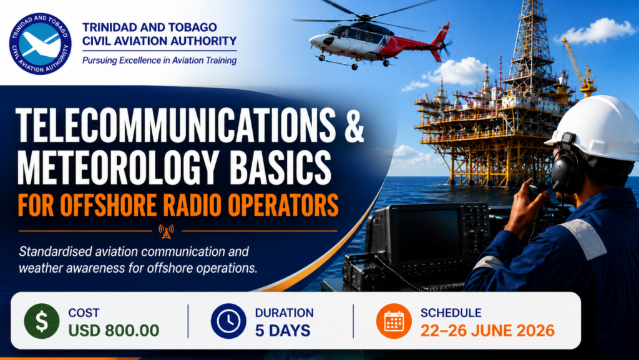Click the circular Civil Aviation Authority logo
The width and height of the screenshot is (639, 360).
(x=41, y=43)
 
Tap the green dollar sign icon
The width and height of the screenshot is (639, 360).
(x=42, y=321)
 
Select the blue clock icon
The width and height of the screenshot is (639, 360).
(x=228, y=321)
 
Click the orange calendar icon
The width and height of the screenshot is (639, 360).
(x=394, y=321)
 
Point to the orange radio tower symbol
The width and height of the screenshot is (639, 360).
(x=166, y=231)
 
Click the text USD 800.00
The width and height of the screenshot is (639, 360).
(x=114, y=330)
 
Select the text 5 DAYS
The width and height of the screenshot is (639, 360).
(x=283, y=330)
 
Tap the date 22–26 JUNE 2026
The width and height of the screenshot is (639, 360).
(x=487, y=330)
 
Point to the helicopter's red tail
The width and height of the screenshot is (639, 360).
(x=440, y=41)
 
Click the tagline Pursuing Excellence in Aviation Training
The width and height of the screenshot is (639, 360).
(x=159, y=61)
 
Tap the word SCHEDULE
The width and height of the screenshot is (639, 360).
(x=451, y=313)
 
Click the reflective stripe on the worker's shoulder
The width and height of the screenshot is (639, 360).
(x=583, y=238)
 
